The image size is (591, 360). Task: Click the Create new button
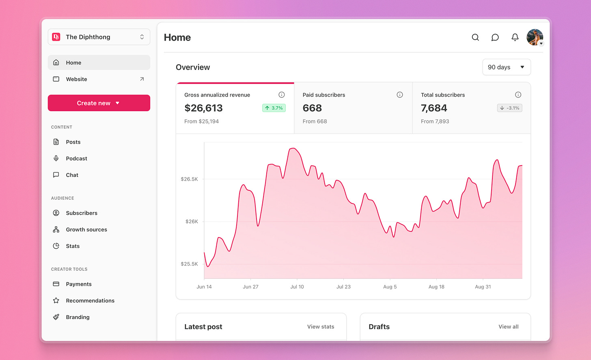[99, 103]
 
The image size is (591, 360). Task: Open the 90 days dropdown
[506, 67]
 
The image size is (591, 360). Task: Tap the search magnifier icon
[475, 37]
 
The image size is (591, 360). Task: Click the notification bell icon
[515, 37]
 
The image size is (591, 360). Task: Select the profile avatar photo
[535, 37]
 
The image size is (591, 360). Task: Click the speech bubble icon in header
[495, 37]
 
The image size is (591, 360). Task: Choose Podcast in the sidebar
[76, 159]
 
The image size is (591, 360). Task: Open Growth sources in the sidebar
[86, 230]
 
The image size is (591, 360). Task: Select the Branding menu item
[78, 317]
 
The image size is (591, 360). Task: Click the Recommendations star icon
[56, 301]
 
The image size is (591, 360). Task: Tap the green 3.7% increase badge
[274, 108]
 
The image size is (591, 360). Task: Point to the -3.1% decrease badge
[509, 108]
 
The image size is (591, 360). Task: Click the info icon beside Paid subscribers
[400, 95]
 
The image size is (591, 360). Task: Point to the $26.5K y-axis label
[189, 179]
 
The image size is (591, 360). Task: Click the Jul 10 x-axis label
[297, 287]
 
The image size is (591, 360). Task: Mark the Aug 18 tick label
[436, 287]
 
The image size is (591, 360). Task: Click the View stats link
[320, 327]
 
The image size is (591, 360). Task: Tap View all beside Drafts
[508, 327]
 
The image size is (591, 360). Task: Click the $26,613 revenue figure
[203, 108]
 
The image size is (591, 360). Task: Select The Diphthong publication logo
[56, 37]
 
